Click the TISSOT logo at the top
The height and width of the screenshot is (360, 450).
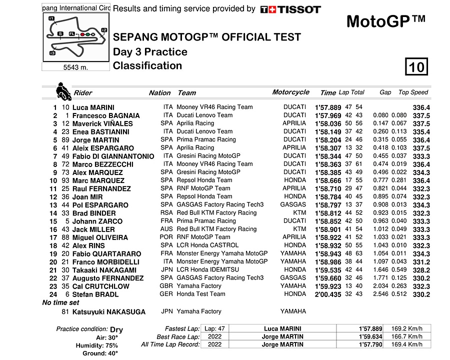tap(290, 9)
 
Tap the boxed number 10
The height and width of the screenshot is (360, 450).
tap(416, 66)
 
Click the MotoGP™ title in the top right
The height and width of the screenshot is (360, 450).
tap(385, 21)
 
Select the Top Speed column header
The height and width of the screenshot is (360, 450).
tap(413, 92)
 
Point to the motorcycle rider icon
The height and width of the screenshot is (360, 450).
tap(63, 92)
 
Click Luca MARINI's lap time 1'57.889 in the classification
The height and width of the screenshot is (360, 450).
tap(327, 107)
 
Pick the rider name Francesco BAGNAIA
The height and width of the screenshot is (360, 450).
tap(106, 115)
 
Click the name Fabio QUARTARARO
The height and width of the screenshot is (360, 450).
tap(106, 253)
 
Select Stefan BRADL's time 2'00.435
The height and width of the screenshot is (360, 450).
tap(327, 294)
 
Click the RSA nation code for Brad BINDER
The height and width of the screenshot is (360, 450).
tap(166, 212)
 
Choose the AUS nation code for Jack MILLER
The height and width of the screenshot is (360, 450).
tap(166, 229)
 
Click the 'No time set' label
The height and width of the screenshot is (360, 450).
tap(60, 303)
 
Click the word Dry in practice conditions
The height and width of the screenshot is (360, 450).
tap(116, 329)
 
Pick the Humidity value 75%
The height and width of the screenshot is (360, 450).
tap(111, 345)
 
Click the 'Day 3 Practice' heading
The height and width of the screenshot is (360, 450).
tap(150, 52)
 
